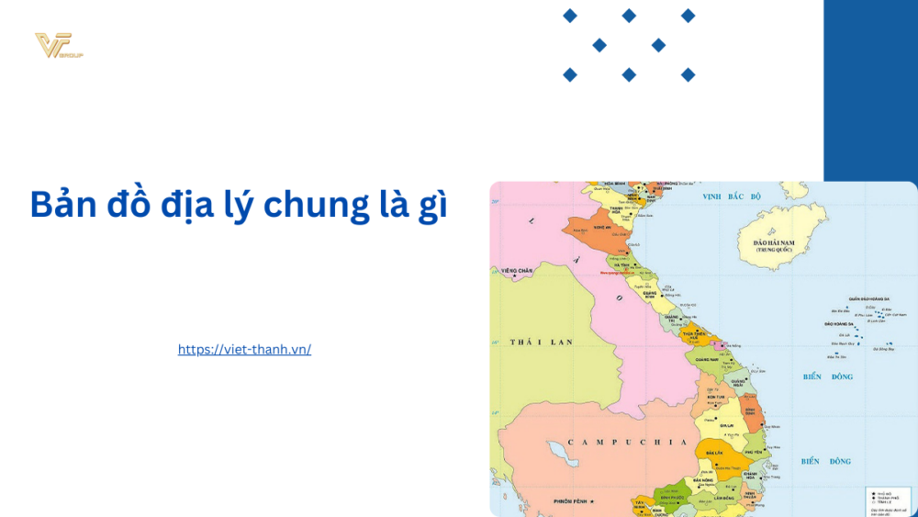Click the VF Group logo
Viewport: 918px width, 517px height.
(x=58, y=46)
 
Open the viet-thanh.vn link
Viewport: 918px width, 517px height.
(x=244, y=350)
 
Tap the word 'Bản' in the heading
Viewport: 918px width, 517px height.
(x=66, y=205)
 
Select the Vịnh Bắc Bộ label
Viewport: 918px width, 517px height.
(x=732, y=197)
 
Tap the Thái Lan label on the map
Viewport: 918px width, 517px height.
(x=542, y=342)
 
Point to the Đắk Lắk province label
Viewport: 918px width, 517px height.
(x=711, y=453)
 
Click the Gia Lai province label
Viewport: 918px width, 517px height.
(x=726, y=426)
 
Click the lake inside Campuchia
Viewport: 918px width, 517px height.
(x=556, y=451)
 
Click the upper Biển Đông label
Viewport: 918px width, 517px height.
(x=827, y=377)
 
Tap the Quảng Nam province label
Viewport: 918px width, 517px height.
(x=707, y=360)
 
